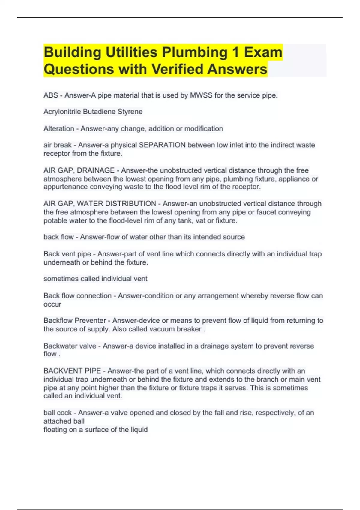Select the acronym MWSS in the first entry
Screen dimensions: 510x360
click(201, 95)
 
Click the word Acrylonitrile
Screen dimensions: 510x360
click(62, 112)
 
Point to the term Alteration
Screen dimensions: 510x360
click(59, 129)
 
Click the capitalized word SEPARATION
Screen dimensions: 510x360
click(162, 145)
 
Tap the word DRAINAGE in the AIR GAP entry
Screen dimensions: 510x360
click(96, 170)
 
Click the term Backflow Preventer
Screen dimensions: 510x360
click(75, 321)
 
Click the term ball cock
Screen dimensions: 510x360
click(58, 413)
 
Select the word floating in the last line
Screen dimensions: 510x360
click(55, 430)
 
